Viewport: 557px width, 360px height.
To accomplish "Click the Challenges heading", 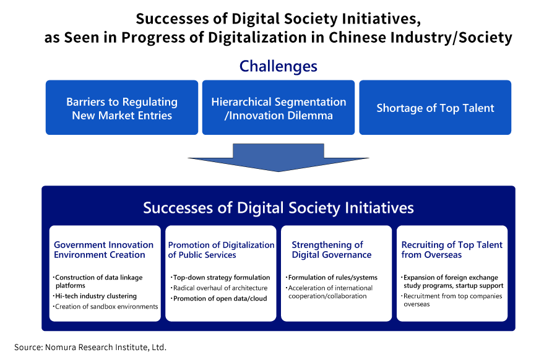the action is point(278,66).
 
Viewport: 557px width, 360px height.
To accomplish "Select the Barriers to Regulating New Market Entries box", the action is point(122,107).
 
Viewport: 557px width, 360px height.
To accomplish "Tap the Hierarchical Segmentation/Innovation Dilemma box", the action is point(278,107).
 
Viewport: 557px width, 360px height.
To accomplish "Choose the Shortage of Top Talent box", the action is point(435,107).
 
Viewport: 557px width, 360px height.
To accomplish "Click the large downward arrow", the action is point(278,158).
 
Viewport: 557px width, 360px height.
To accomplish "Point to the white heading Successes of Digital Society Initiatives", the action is point(278,208).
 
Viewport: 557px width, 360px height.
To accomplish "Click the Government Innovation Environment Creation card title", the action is point(104,249).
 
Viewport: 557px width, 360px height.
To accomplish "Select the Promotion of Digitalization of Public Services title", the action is point(221,249).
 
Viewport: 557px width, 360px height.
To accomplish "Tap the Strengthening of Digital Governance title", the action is point(332,249).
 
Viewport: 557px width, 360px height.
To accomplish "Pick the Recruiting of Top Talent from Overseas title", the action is point(452,249).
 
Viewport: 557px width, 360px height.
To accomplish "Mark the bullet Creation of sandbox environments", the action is point(105,306).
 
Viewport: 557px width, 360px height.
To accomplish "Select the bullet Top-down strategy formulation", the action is point(220,278).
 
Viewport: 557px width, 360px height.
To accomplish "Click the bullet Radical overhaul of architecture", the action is point(219,288).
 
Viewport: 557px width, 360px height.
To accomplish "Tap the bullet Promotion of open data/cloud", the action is point(219,299).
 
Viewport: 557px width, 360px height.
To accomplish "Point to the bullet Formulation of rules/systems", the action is point(332,278).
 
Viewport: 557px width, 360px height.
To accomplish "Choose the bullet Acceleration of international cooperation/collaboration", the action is point(329,292).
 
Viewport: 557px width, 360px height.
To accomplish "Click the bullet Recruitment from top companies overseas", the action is point(452,300).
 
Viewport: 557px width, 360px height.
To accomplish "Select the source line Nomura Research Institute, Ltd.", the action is point(90,347).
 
